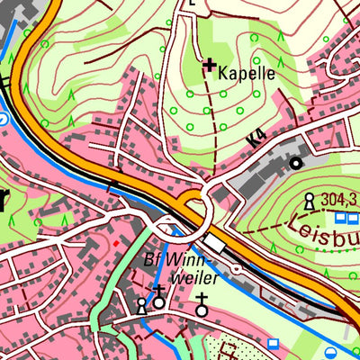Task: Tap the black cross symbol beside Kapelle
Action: pyautogui.click(x=210, y=65)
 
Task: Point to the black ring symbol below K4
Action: pyautogui.click(x=295, y=163)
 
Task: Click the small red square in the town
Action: pyautogui.click(x=114, y=242)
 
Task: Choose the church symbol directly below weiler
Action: pyautogui.click(x=202, y=306)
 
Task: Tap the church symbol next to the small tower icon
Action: pyautogui.click(x=159, y=299)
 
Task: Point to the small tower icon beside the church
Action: pyautogui.click(x=141, y=307)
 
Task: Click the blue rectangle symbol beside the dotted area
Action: pyautogui.click(x=273, y=343)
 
